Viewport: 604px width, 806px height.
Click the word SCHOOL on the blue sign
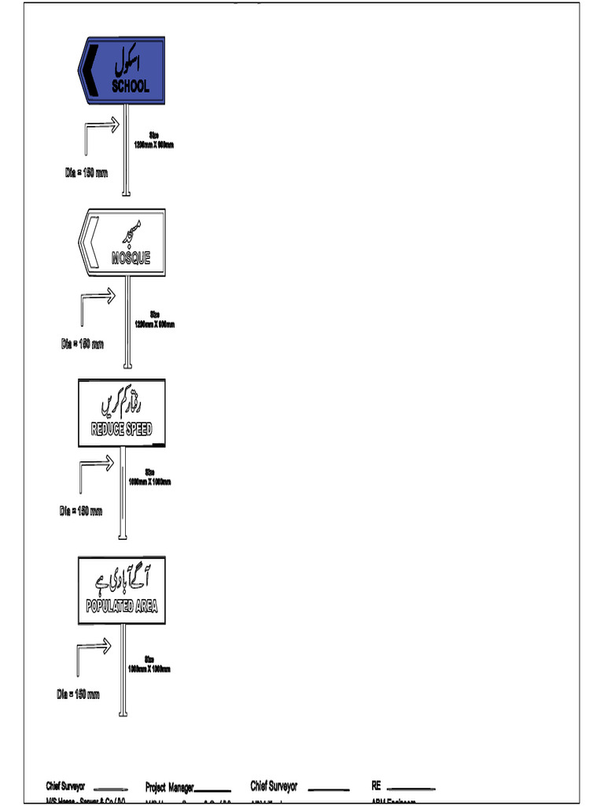(131, 86)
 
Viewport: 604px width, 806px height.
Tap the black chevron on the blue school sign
(91, 68)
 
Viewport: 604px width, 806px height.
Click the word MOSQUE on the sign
(131, 257)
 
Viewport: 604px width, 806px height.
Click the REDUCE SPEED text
(122, 429)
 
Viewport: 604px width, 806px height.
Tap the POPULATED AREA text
(122, 606)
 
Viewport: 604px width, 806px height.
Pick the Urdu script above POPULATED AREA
(123, 580)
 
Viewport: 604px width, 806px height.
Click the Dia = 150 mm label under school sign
(87, 172)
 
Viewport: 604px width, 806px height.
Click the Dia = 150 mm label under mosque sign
(83, 344)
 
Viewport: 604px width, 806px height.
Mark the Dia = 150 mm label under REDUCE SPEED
(81, 511)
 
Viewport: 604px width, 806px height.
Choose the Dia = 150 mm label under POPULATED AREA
(79, 694)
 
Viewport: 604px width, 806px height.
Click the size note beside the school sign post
(154, 141)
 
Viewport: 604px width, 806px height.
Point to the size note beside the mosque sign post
(155, 320)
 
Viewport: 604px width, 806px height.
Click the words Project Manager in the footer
(169, 787)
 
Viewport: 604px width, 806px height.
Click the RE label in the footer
(376, 786)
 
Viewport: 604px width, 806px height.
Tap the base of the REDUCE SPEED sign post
(122, 537)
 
